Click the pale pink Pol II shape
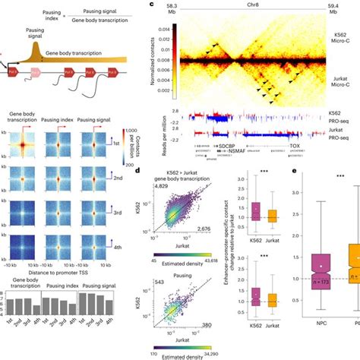click(x=33, y=73)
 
